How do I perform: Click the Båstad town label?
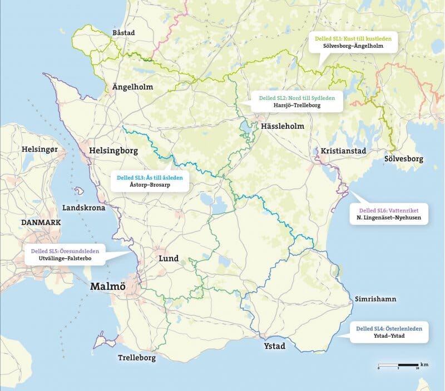(x=123, y=33)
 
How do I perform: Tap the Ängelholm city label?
(x=132, y=87)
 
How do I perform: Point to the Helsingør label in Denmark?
(x=42, y=149)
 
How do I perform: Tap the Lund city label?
(x=169, y=259)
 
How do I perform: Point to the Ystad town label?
(x=273, y=347)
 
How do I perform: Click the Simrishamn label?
(x=375, y=299)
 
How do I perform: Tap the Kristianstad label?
(x=344, y=151)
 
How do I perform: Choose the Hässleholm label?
(x=283, y=126)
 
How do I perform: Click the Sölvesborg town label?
(x=404, y=159)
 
